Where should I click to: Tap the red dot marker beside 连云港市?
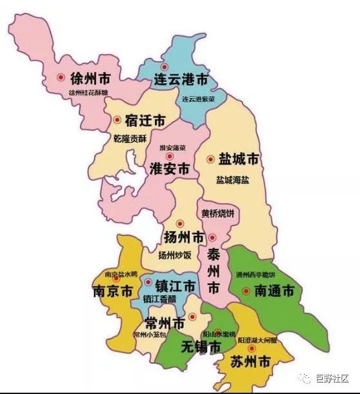point(164,67)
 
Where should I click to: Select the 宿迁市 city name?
point(145,121)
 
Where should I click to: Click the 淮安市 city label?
point(170,169)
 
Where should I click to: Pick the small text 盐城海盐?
point(232,180)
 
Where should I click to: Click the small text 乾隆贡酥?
point(130,139)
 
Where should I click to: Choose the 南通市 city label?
point(274,291)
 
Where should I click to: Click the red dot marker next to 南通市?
point(245,291)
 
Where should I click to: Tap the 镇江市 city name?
point(173,285)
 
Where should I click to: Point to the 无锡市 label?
point(200,348)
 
